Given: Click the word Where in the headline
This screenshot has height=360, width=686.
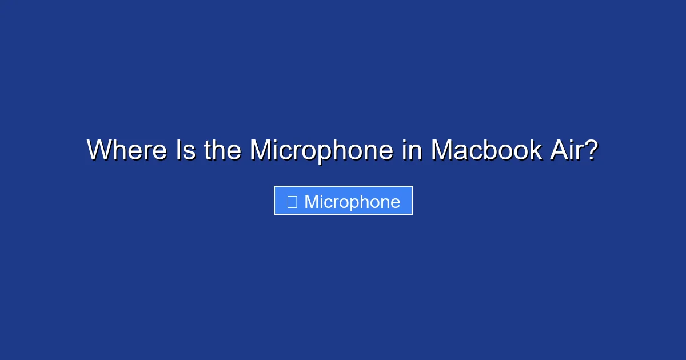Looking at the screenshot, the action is [127, 150].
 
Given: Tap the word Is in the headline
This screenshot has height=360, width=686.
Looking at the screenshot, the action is [186, 150].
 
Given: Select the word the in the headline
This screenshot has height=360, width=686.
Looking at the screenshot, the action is [222, 150].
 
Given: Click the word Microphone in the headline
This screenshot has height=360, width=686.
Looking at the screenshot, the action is [321, 152].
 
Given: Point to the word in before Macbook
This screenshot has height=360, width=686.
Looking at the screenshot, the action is [412, 150].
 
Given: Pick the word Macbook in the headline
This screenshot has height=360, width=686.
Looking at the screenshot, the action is [486, 150].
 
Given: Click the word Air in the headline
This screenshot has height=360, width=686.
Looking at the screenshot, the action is [565, 150].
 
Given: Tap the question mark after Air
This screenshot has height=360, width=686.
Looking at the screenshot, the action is [590, 150].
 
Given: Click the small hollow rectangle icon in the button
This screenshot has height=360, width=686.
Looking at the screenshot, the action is [292, 202].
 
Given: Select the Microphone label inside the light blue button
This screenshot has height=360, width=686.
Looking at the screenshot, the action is [352, 202].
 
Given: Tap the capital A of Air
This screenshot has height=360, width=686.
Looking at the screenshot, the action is [560, 150].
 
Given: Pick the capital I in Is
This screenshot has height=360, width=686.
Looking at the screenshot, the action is [179, 150].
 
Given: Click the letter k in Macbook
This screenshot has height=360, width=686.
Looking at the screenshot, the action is [535, 150].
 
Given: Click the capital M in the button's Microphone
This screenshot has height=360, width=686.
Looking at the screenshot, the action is [312, 202].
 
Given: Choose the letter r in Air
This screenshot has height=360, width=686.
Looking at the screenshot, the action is [577, 153].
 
